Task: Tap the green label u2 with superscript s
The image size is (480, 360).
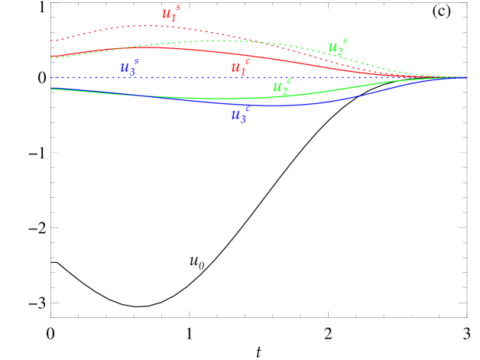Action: coord(336,48)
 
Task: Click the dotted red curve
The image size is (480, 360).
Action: coord(92,32)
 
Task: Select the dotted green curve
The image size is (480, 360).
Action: coord(191,41)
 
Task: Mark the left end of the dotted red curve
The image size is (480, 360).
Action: coord(51,41)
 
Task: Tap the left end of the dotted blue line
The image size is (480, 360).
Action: coord(51,77)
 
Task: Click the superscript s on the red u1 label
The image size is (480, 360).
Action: coord(178,8)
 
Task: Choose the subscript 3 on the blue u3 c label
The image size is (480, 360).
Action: coord(242,119)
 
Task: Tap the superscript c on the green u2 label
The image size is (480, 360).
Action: coord(289,80)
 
